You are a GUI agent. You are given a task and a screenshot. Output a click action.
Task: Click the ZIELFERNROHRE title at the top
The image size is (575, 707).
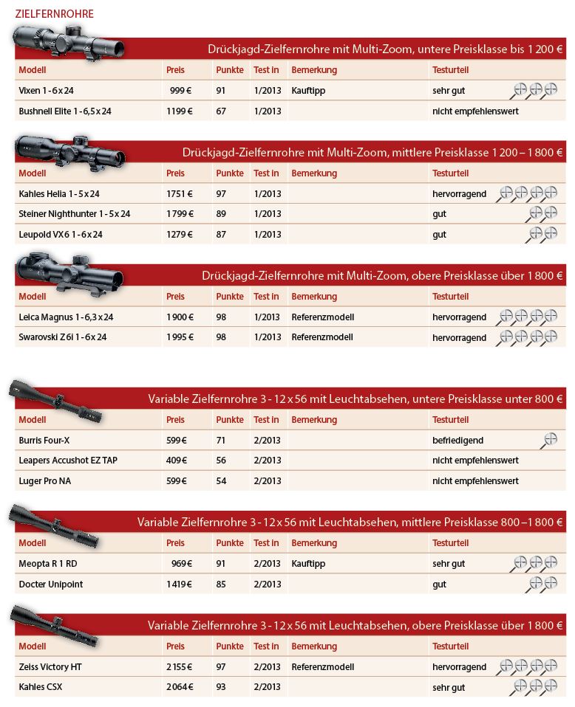(54, 14)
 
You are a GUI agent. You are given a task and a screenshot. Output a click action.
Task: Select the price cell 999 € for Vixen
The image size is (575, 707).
(181, 91)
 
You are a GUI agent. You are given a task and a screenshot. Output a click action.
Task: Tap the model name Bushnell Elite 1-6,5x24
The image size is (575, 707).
(65, 111)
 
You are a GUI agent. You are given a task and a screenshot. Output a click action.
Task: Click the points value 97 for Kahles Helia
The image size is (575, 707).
(221, 194)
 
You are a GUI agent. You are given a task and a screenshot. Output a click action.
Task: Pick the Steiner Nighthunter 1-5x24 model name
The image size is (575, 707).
(75, 214)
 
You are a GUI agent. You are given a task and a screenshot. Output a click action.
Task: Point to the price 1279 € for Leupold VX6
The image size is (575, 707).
(180, 235)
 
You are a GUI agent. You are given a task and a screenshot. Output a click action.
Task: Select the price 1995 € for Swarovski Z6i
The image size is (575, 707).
(180, 337)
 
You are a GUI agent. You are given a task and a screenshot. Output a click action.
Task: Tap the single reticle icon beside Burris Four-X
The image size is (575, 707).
(549, 440)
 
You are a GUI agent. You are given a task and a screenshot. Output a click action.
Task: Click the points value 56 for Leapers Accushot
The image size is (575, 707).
(221, 461)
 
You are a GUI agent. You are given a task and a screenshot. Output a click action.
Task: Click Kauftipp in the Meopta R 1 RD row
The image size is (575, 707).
(309, 564)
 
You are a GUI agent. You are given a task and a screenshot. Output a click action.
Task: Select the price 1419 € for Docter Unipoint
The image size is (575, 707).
(180, 584)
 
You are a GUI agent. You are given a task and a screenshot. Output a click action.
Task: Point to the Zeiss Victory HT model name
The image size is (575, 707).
(50, 667)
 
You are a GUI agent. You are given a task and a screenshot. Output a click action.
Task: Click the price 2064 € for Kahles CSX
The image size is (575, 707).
(180, 687)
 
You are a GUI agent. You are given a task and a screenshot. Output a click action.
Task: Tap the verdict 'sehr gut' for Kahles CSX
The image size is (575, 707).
(449, 687)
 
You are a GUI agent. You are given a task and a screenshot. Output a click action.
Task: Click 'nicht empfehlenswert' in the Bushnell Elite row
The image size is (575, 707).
(475, 111)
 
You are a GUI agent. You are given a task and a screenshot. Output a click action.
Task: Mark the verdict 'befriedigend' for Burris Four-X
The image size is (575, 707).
(457, 441)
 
